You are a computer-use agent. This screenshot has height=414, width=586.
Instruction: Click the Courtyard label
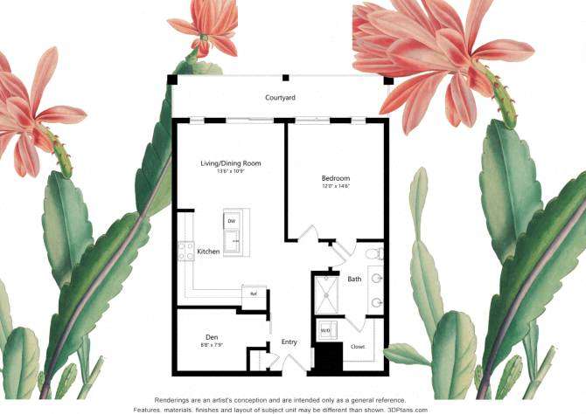click(281, 99)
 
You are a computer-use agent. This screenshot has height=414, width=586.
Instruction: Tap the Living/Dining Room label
click(231, 163)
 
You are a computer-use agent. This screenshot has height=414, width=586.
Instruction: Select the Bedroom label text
click(336, 178)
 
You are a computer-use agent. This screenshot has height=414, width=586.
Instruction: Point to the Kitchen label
click(208, 252)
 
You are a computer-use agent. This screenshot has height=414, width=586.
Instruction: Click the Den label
click(212, 337)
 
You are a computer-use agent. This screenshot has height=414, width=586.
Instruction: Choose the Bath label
click(354, 279)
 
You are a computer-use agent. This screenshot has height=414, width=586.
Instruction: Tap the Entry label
click(290, 342)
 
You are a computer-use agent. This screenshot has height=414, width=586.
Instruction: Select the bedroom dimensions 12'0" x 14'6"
click(336, 186)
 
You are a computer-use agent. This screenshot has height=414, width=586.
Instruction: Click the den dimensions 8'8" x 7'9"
click(212, 346)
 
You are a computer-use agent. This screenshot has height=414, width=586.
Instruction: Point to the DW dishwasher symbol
click(232, 222)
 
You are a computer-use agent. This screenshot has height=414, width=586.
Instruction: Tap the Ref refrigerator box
click(254, 293)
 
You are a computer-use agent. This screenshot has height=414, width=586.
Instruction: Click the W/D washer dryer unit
click(325, 331)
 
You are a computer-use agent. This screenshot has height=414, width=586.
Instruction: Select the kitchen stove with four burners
click(185, 252)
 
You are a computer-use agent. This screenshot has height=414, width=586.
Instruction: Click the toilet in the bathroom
click(373, 253)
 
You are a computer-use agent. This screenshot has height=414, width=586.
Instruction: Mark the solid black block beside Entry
click(328, 358)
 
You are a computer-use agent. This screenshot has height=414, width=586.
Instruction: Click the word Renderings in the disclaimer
click(174, 398)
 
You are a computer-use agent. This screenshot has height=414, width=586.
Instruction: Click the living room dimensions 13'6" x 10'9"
click(231, 171)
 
